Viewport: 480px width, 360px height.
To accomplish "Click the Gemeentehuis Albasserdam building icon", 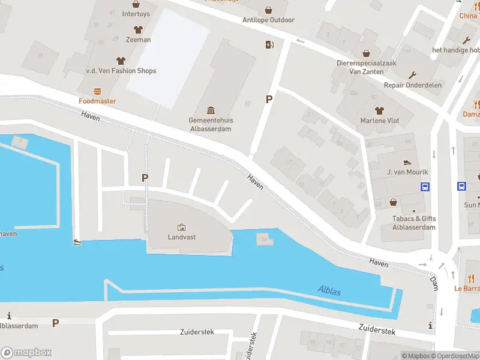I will [x=211, y=110].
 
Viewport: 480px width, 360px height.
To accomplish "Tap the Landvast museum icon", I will [x=181, y=227].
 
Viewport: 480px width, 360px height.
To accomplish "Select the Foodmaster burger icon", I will [x=97, y=91].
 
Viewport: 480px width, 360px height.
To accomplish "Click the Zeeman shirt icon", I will [x=137, y=29].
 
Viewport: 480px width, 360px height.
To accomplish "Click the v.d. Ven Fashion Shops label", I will [x=121, y=71].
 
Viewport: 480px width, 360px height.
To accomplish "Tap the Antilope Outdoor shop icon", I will [x=268, y=10].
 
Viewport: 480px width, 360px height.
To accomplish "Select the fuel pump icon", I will [x=269, y=44].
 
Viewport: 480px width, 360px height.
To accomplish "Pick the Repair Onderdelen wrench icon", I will [x=413, y=75].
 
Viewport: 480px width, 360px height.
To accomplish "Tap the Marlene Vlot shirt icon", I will [x=379, y=110].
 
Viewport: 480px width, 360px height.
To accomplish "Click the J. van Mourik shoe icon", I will [x=407, y=162].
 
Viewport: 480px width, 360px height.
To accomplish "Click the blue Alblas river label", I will [x=329, y=292].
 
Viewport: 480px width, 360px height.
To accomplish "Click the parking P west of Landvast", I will [x=144, y=178].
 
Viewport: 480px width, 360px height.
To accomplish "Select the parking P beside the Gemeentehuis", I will [x=269, y=100].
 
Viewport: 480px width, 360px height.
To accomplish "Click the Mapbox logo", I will [x=26, y=353].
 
